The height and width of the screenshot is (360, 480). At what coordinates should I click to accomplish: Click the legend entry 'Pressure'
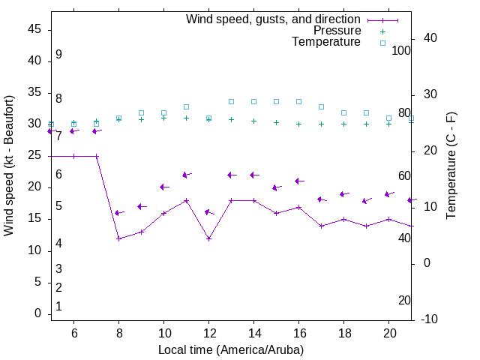tap(337, 31)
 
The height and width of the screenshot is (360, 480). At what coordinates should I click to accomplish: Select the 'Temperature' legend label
tap(326, 42)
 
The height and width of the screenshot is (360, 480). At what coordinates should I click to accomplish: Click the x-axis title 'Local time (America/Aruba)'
tap(231, 349)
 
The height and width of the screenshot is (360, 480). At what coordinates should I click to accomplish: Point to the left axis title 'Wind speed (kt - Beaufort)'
tap(9, 166)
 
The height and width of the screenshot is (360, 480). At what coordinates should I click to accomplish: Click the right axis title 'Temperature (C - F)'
tap(451, 166)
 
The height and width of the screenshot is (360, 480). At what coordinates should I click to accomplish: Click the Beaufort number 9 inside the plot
tap(58, 55)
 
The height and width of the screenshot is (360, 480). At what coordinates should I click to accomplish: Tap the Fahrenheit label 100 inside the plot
tap(401, 50)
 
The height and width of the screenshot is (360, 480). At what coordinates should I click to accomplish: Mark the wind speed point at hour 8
tap(118, 238)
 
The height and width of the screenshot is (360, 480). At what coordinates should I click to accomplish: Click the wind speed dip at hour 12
tap(208, 238)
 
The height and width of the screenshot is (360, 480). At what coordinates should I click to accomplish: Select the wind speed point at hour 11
tap(186, 200)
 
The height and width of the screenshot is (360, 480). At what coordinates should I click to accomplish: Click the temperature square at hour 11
tap(186, 107)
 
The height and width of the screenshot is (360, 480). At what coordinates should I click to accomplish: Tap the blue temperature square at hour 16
tap(298, 101)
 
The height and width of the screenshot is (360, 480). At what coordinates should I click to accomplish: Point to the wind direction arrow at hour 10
tap(163, 187)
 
